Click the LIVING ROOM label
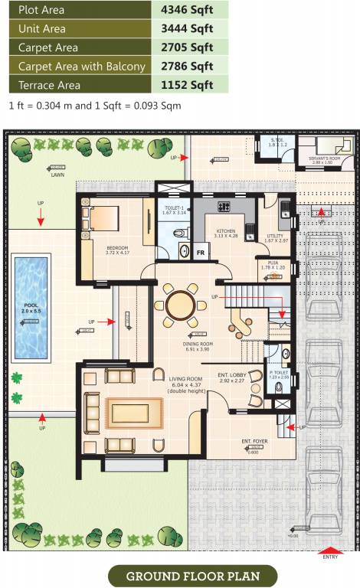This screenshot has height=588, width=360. tap(185, 378)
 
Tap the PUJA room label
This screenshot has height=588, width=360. tap(273, 263)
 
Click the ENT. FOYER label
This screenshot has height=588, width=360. tap(253, 442)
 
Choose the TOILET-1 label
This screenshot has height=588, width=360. tap(175, 207)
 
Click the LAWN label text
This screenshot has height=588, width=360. tap(57, 175)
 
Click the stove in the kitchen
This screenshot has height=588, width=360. tap(225, 206)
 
